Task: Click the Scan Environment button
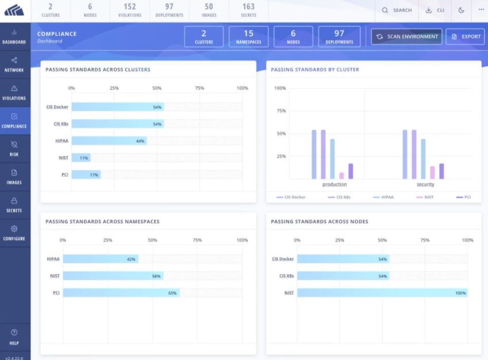406,36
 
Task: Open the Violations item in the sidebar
14,92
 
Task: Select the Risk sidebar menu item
14,149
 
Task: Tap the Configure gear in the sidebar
14,233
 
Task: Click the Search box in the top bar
397,10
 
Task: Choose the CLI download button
435,10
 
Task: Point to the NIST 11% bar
81,157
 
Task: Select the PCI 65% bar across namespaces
121,293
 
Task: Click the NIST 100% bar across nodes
382,293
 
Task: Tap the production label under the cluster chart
334,184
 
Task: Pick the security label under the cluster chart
425,184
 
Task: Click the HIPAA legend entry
384,197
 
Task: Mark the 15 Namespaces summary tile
249,36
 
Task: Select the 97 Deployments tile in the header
339,36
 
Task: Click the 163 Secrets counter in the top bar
249,10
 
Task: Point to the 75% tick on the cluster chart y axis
280,111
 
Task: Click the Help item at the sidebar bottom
14,336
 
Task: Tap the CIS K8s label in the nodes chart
286,276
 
